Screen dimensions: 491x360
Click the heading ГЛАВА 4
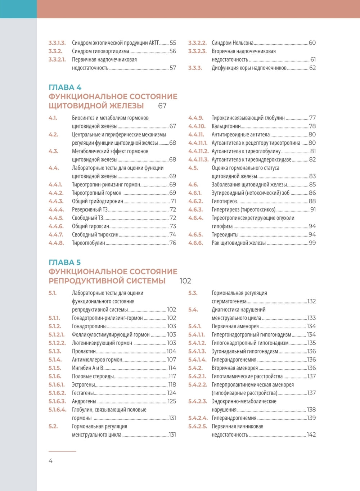pyautogui.click(x=65, y=87)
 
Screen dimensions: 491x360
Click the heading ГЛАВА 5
pyautogui.click(x=65, y=262)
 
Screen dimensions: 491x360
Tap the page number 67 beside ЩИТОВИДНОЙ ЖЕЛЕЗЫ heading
pyautogui.click(x=162, y=106)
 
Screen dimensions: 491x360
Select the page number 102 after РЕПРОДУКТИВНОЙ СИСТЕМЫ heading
pyautogui.click(x=185, y=281)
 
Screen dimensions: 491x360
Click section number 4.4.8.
pyautogui.click(x=56, y=243)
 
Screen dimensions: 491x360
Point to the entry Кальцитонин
pyautogui.click(x=226, y=126)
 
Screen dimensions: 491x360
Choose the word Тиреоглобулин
pyautogui.click(x=89, y=243)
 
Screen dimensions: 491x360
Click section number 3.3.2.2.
pyautogui.click(x=197, y=43)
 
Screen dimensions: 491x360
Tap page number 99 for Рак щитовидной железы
pyautogui.click(x=312, y=243)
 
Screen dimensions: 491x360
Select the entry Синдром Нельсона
pyautogui.click(x=233, y=43)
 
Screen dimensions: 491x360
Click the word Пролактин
pyautogui.click(x=84, y=351)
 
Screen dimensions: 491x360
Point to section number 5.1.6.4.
pyautogui.click(x=58, y=410)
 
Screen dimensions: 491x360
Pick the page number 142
pyautogui.click(x=311, y=434)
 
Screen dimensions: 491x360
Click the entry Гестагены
pyautogui.click(x=83, y=393)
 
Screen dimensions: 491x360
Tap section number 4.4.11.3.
pyautogui.click(x=198, y=159)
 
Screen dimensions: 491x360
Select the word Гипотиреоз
pyautogui.click(x=224, y=201)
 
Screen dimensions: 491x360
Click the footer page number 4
pyautogui.click(x=50, y=461)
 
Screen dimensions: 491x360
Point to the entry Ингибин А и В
pyautogui.click(x=87, y=368)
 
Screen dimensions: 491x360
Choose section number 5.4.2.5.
pyautogui.click(x=198, y=426)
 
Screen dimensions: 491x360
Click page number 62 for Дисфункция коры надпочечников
pyautogui.click(x=312, y=68)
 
